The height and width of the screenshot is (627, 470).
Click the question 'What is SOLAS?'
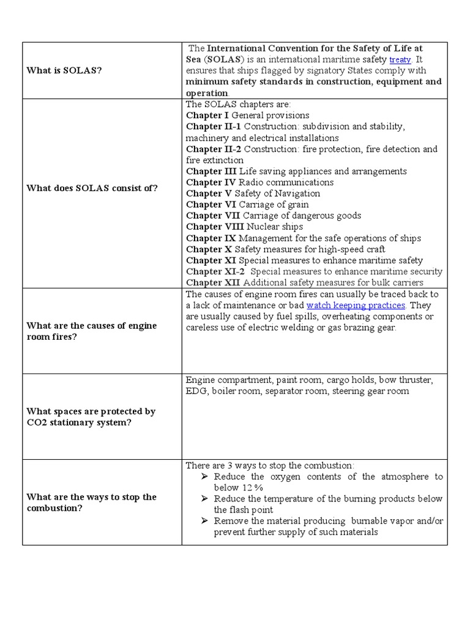pos(64,70)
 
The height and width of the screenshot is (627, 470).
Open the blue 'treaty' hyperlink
pos(401,60)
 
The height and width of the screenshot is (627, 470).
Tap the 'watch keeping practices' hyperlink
pos(356,305)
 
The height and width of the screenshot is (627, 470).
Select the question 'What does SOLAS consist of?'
pos(92,188)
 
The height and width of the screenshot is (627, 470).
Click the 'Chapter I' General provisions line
pos(247,115)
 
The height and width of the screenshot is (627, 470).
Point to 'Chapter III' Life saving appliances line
pos(296,171)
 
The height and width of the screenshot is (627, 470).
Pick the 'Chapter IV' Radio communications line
pos(259,182)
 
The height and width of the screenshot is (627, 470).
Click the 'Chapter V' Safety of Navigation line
pos(253,193)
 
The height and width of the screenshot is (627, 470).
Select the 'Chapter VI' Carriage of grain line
pos(247,205)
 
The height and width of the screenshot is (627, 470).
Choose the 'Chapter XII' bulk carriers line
pos(304,282)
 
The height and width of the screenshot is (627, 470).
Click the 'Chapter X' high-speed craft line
pos(285,249)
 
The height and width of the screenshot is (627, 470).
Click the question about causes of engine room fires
pos(92,331)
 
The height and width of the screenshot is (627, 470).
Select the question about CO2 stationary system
pos(91,417)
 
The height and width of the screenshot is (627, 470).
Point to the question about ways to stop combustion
pos(92,502)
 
